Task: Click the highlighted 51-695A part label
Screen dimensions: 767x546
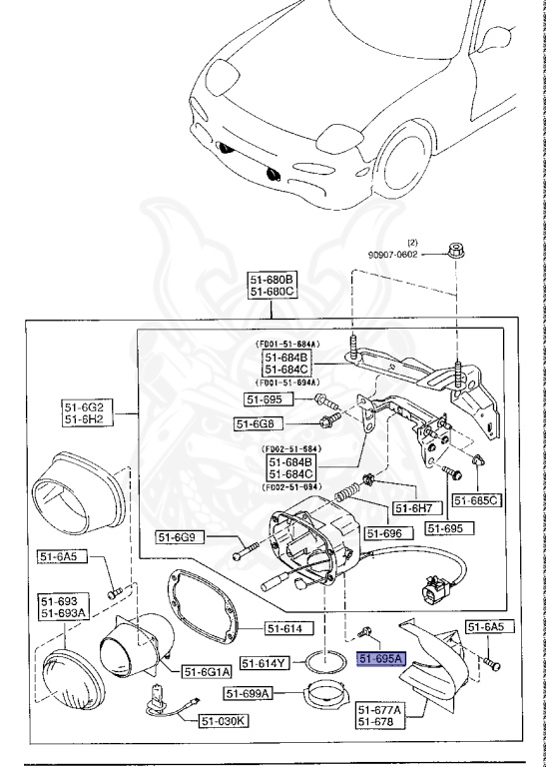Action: pyautogui.click(x=380, y=658)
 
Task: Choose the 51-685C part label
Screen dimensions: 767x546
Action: pyautogui.click(x=475, y=499)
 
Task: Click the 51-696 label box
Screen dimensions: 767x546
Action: pyautogui.click(x=388, y=533)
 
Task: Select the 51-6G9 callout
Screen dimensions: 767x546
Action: pyautogui.click(x=181, y=537)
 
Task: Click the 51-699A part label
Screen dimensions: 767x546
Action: pyautogui.click(x=251, y=693)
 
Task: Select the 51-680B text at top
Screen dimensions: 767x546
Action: pyautogui.click(x=273, y=279)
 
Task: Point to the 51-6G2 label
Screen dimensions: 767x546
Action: pyautogui.click(x=84, y=405)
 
